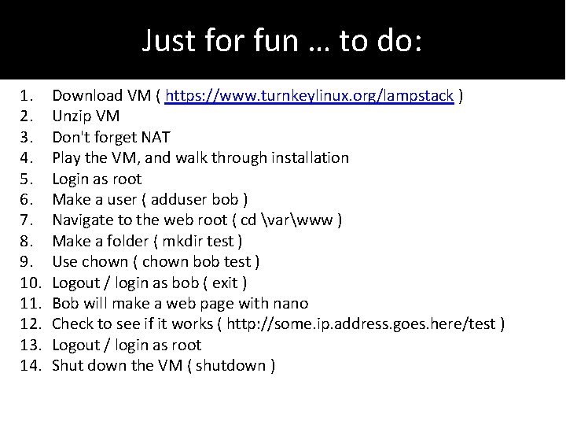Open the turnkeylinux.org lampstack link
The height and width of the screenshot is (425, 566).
[310, 96]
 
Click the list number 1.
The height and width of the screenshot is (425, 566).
[26, 96]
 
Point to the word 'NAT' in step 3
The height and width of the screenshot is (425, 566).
[156, 137]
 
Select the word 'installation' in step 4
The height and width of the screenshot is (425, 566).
[310, 157]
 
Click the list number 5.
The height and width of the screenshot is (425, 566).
[26, 179]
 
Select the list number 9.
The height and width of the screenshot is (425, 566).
[26, 261]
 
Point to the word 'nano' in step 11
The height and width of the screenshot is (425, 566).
[291, 303]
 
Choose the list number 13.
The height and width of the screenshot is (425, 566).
[30, 345]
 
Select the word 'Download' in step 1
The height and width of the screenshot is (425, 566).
[85, 96]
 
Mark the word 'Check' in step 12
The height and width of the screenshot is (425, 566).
[72, 323]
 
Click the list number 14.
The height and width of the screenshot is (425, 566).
[30, 365]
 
